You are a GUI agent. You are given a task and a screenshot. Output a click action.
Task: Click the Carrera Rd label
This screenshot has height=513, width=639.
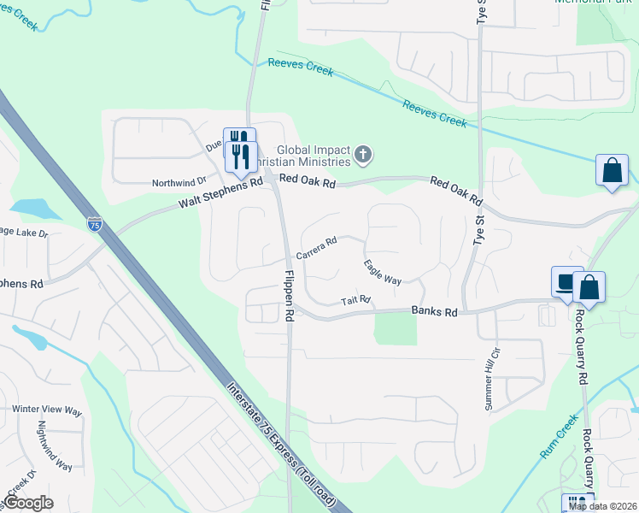317,249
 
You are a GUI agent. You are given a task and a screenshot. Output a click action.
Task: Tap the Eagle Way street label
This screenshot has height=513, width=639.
382,272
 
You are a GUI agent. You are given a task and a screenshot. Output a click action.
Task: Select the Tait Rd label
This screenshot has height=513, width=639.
355,300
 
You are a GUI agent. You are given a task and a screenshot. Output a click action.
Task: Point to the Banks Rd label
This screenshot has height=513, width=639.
434,312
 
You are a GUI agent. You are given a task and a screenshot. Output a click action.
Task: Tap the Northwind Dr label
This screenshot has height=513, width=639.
179,181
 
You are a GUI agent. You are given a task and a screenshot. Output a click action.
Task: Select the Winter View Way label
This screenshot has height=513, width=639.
47,410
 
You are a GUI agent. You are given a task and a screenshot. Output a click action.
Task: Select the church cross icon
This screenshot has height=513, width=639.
363,155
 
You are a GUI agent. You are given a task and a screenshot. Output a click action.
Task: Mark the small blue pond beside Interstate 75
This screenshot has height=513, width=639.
32,208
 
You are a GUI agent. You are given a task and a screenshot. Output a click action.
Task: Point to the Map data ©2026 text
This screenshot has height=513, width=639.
601,506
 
